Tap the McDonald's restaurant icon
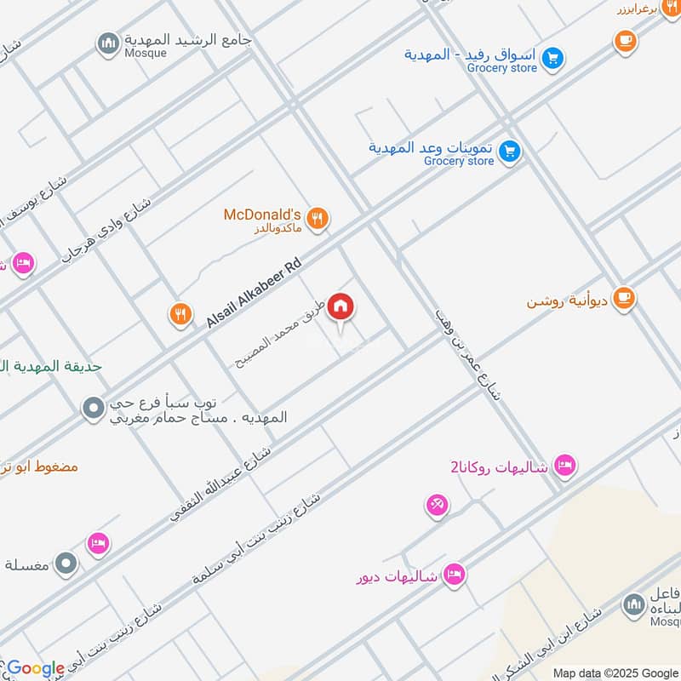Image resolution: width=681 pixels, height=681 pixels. pos(318,219)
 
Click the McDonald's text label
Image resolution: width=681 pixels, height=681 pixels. pos(262,215)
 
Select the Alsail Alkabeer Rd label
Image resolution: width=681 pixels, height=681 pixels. pos(254,294)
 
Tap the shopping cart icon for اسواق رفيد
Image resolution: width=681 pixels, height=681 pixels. pos(553,58)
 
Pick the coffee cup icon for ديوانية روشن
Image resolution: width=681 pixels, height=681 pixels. pos(625,299)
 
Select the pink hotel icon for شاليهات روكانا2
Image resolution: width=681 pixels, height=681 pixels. pos(564,466)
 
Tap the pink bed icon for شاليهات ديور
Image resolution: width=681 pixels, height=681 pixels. pos(455,575)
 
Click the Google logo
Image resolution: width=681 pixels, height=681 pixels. pos(35,668)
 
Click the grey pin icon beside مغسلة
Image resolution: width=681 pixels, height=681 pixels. pos(66,563)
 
